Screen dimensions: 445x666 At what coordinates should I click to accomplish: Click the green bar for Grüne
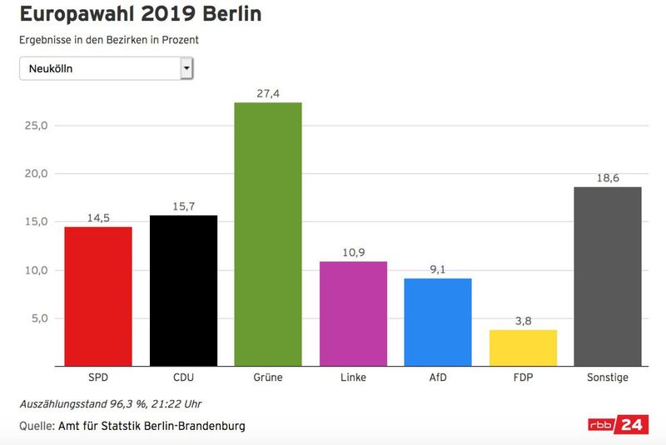267,234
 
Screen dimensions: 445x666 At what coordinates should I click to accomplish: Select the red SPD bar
97,296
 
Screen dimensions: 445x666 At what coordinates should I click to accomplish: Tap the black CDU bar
183,290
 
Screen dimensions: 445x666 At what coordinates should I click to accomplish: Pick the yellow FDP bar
523,348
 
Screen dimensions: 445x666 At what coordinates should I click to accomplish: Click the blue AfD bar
438,322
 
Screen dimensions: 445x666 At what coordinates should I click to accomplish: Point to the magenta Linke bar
353,314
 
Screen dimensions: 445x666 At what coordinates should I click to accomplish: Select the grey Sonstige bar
608,276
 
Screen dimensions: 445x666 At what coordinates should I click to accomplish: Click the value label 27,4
268,94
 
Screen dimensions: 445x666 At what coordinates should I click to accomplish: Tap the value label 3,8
523,321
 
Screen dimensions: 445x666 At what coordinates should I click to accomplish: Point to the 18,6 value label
608,179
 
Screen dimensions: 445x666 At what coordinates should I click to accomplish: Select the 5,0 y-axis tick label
39,319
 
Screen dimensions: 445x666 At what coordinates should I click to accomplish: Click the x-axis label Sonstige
608,378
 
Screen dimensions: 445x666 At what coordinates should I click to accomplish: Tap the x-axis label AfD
438,378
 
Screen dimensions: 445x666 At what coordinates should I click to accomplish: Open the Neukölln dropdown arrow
186,68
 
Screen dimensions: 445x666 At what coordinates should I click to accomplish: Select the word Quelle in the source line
36,426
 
